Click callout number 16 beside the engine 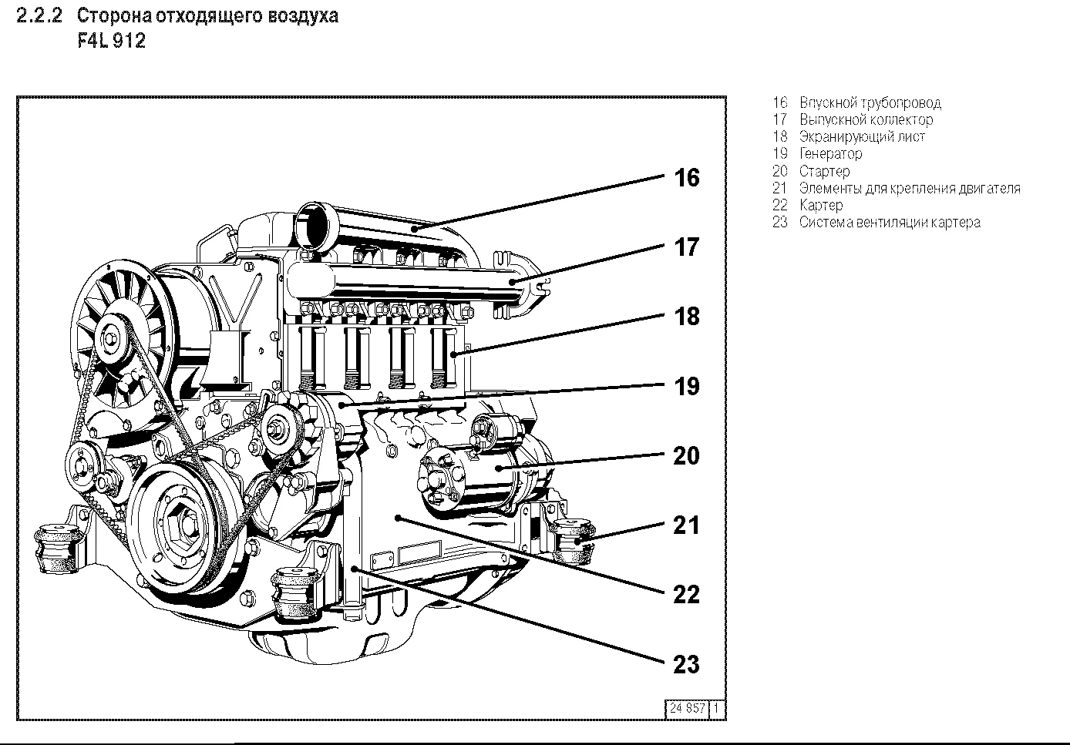[686, 178]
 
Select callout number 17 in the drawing [686, 247]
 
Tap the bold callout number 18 [686, 317]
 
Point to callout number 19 [686, 386]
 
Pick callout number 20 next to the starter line [686, 455]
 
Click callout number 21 [686, 525]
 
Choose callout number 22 [686, 594]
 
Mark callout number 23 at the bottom [686, 663]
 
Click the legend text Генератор [830, 154]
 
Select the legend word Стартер [824, 171]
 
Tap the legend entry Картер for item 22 [821, 205]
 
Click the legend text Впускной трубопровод [870, 103]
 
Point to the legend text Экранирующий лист [862, 137]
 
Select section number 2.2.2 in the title [39, 16]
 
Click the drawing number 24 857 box [687, 708]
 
